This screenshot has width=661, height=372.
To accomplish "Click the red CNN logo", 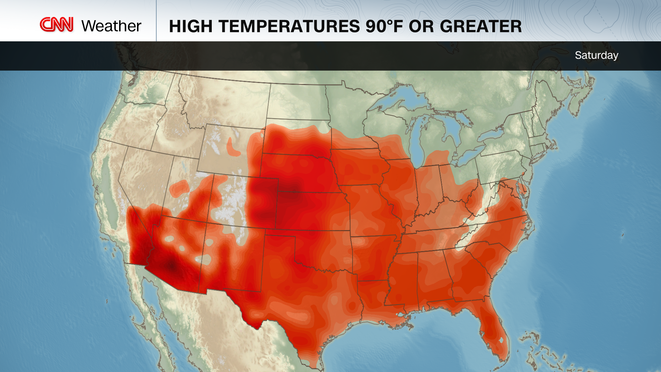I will pos(56,25).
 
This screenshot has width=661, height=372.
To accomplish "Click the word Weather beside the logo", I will pos(111,26).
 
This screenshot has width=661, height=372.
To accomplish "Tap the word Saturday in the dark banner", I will pos(596,55).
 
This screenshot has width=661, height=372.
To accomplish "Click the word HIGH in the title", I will pos(190,27).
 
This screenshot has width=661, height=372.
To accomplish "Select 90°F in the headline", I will pos(384,27).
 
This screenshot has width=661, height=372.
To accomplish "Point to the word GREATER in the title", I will pos(481,27).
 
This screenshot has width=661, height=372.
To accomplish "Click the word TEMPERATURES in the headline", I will pos(289,27).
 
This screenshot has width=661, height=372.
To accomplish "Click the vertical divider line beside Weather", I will pos(156,21).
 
